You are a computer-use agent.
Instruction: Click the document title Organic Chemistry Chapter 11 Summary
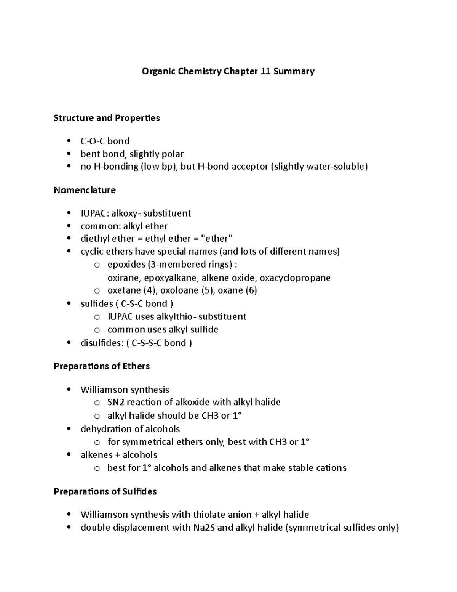coord(228,71)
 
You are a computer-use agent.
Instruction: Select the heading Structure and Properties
coord(107,118)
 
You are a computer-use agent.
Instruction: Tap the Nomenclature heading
coord(85,190)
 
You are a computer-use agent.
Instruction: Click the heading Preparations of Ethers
coord(102,366)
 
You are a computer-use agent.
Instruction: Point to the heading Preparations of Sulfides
coord(105,491)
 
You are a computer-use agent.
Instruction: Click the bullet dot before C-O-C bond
coord(69,141)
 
